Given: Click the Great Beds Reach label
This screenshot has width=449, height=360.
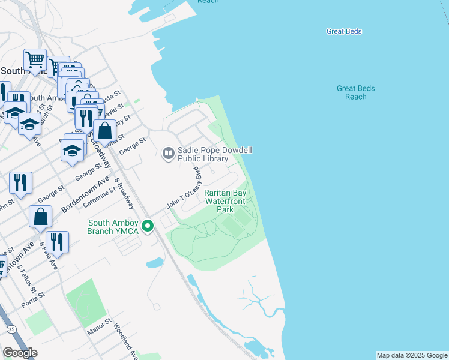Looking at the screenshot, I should pos(355,92).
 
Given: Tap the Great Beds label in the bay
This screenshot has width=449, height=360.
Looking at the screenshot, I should pos(344,31).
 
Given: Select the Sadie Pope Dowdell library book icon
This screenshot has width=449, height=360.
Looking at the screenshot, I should pos(168,154).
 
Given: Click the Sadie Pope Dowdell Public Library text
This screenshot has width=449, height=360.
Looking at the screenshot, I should pos(202,155).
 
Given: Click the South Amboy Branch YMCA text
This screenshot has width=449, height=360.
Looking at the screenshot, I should pos(113,227).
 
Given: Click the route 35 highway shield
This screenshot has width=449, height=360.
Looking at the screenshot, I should pos(11,329).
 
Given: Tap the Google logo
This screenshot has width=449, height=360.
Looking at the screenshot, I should pos(20,353).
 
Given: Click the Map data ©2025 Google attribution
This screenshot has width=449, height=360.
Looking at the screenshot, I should pos(411,355).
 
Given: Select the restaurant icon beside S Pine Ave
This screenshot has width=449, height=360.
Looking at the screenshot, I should pos(56,241).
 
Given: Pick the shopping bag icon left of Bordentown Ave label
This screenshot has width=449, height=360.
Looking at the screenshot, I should pos(40,217).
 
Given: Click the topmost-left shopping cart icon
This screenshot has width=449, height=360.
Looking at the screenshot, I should pos(35,59).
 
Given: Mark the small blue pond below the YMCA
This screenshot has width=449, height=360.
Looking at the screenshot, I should pos(155,262).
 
